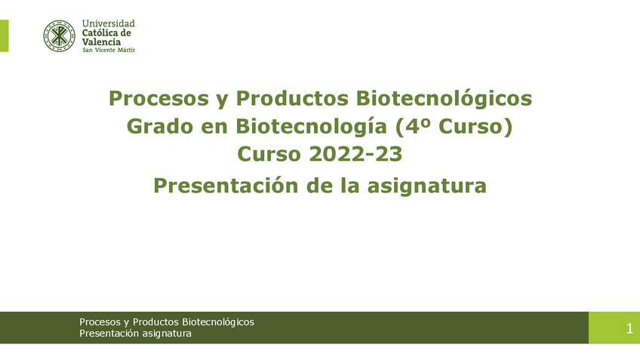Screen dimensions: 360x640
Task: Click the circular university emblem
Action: (x=60, y=35)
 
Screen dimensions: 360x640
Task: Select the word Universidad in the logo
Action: (x=108, y=24)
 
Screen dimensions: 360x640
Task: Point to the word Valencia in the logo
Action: (x=101, y=42)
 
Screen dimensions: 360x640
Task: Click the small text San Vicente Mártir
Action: (x=108, y=51)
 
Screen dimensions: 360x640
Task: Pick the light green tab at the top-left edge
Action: (x=4, y=35)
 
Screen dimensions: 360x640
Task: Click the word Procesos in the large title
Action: (x=155, y=98)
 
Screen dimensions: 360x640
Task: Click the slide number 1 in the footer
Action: (x=629, y=328)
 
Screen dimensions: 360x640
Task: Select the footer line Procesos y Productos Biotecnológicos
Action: (x=167, y=322)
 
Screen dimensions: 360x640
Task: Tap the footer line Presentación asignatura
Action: (x=135, y=334)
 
